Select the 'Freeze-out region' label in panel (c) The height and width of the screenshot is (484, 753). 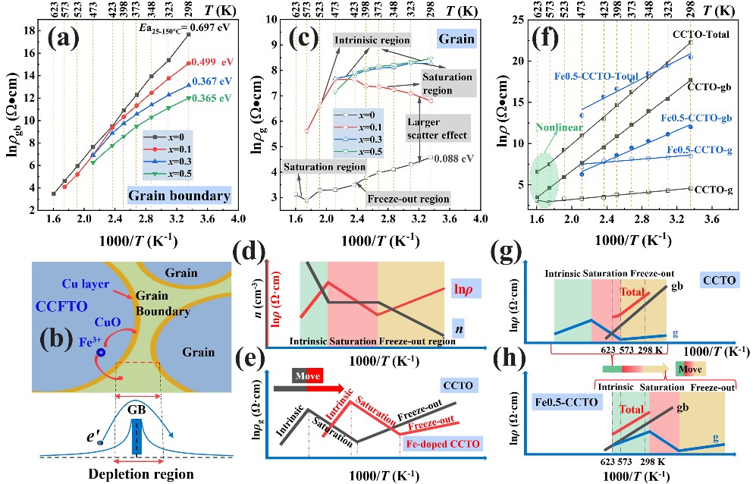click(x=409, y=200)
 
